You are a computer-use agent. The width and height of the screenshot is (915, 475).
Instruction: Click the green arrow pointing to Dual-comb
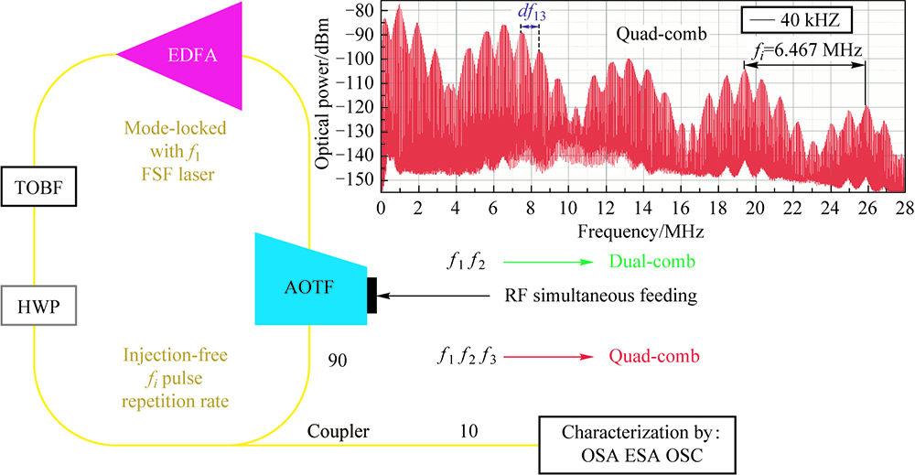(x=549, y=263)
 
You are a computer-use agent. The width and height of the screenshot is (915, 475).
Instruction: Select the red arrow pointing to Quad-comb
(x=548, y=355)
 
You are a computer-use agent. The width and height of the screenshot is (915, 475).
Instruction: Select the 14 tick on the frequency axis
(x=643, y=208)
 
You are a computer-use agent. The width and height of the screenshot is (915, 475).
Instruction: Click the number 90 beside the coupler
(x=337, y=362)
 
